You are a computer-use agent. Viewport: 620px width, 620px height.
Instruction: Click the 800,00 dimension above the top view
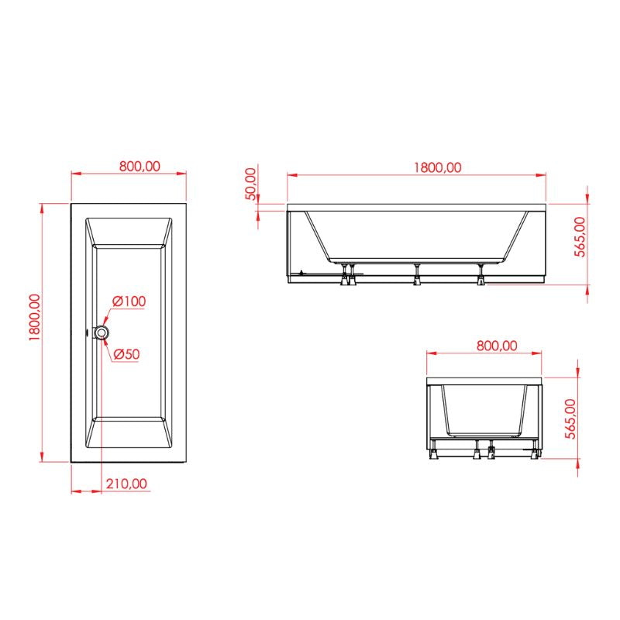pos(139,166)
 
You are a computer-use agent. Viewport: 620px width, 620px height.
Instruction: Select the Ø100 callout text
pos(129,301)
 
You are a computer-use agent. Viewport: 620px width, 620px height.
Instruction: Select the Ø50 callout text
pos(126,354)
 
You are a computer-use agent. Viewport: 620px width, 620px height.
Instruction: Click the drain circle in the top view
pos(102,332)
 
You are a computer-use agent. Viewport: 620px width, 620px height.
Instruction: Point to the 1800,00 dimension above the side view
pos(437,167)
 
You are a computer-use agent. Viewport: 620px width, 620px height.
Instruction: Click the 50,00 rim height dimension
pos(250,184)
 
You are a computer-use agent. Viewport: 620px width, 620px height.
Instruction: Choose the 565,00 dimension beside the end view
pos(570,419)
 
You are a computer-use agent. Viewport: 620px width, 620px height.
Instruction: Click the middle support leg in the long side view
pos(417,276)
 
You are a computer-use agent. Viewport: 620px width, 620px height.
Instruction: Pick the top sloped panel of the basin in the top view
pos(129,232)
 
